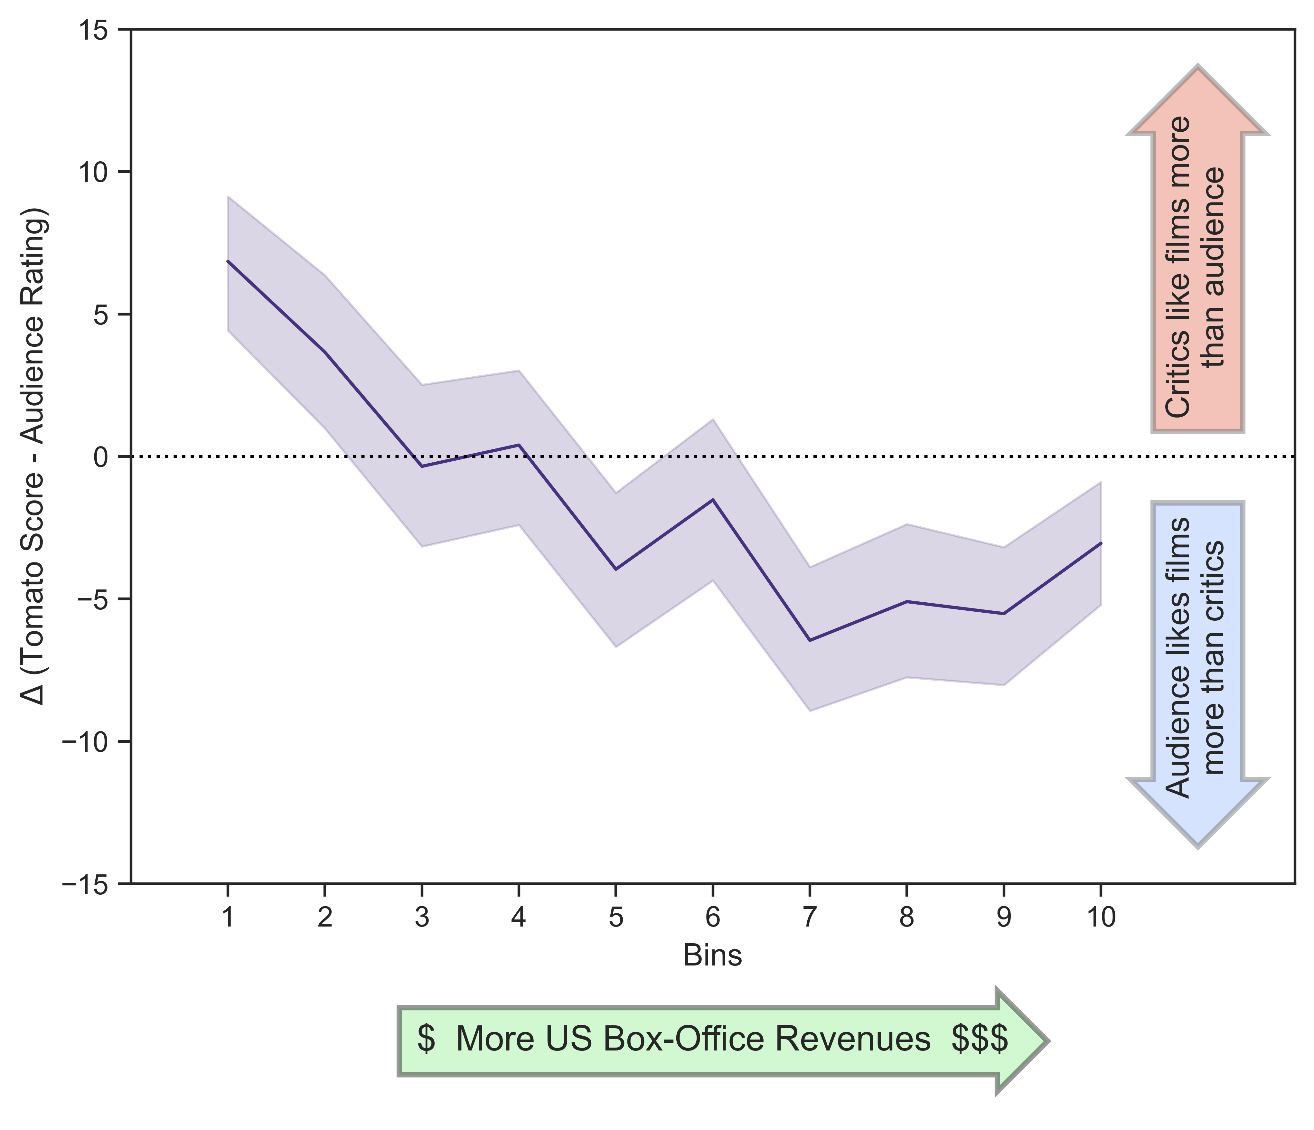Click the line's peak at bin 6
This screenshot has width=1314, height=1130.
tap(713, 500)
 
